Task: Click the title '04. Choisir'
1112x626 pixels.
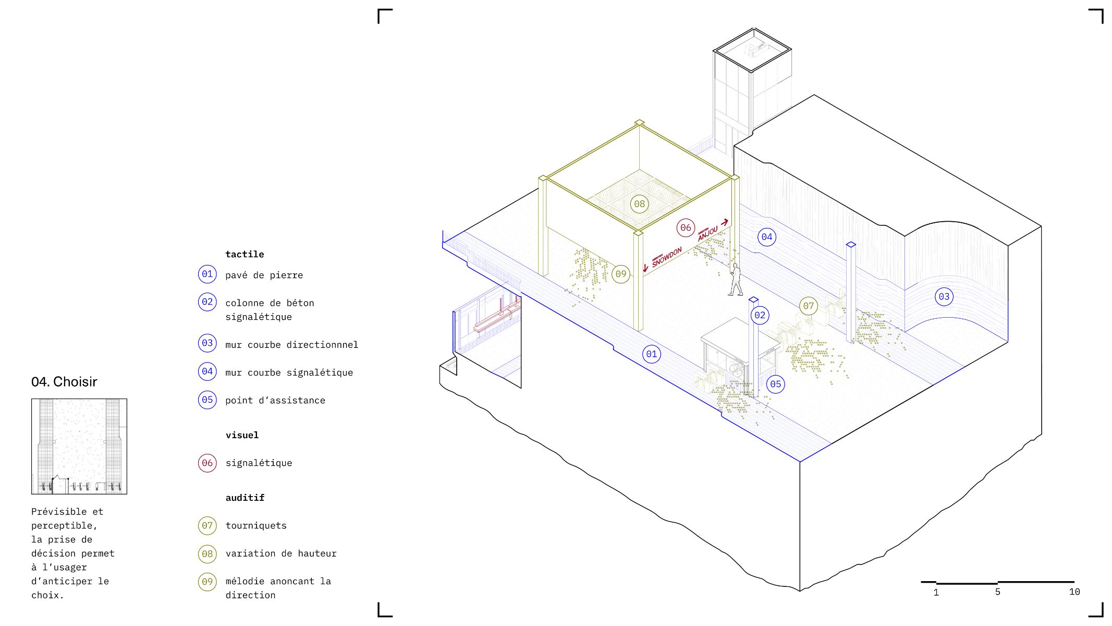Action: pyautogui.click(x=64, y=382)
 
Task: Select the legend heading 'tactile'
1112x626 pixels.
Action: pyautogui.click(x=245, y=254)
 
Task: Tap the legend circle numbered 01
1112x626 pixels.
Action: pyautogui.click(x=207, y=274)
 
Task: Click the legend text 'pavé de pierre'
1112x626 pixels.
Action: pyautogui.click(x=264, y=275)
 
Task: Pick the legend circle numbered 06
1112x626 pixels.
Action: pyautogui.click(x=207, y=463)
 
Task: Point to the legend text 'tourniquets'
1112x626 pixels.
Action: pyautogui.click(x=256, y=525)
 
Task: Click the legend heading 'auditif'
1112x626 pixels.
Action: pyautogui.click(x=245, y=498)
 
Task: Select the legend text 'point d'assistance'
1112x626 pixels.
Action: pyautogui.click(x=275, y=400)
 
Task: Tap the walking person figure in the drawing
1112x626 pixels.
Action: pyautogui.click(x=735, y=280)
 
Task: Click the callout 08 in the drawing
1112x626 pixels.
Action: pyautogui.click(x=640, y=204)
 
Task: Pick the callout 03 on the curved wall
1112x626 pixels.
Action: pyautogui.click(x=944, y=297)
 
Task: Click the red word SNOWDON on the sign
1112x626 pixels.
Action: pyautogui.click(x=667, y=257)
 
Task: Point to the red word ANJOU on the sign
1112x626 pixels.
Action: pyautogui.click(x=708, y=234)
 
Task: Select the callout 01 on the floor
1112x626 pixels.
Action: pyautogui.click(x=652, y=354)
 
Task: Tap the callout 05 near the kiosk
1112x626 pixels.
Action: pyautogui.click(x=776, y=384)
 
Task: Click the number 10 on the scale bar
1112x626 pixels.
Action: pyautogui.click(x=1074, y=592)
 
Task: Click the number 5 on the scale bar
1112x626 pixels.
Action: pyautogui.click(x=997, y=592)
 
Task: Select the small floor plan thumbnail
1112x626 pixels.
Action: pyautogui.click(x=79, y=447)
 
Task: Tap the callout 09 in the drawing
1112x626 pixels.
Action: pyautogui.click(x=621, y=274)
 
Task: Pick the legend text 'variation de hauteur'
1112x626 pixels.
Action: pyautogui.click(x=281, y=553)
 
